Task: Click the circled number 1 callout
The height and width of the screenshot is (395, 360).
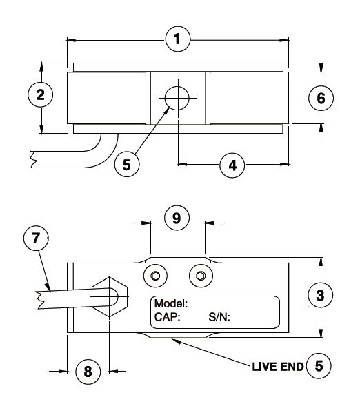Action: [178, 39]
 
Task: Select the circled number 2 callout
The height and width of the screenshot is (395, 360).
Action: [40, 94]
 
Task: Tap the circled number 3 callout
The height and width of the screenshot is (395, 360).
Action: [321, 295]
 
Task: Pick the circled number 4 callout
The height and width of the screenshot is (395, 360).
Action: [232, 165]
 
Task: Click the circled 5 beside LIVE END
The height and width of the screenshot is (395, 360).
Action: [319, 365]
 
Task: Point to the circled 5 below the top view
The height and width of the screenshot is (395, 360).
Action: [127, 164]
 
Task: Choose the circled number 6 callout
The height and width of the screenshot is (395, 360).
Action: [321, 98]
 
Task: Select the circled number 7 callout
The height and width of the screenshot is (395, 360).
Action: [36, 238]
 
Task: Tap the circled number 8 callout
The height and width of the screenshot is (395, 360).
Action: [88, 372]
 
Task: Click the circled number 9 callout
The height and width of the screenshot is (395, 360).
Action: [177, 218]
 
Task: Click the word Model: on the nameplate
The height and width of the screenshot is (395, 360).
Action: [171, 303]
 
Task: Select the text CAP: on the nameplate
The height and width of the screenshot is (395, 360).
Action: [167, 317]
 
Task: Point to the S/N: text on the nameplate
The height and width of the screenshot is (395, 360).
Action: [219, 317]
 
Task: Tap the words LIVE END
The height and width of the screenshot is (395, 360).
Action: [278, 367]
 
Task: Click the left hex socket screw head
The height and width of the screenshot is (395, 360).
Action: [155, 276]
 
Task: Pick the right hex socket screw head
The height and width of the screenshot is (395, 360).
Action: [201, 276]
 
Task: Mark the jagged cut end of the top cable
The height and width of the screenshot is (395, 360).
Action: [34, 159]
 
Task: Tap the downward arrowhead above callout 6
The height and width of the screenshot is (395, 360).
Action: [321, 68]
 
